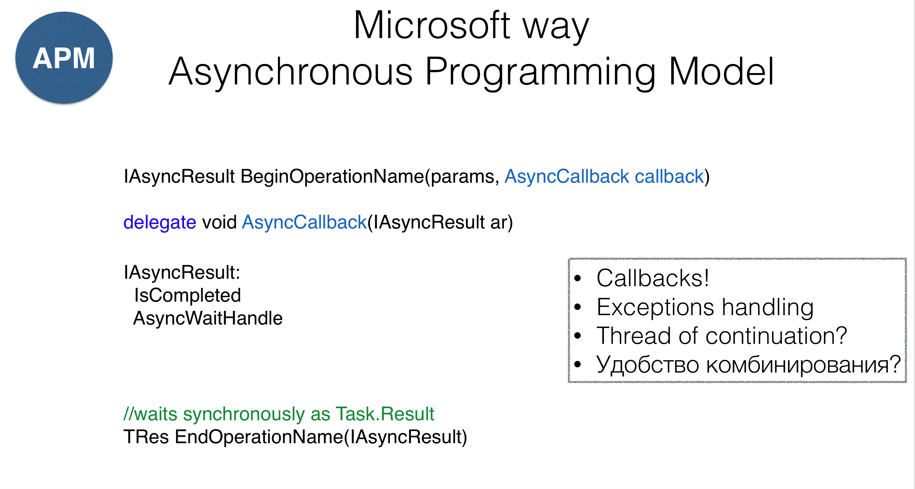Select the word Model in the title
tap(721, 71)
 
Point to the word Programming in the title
tap(540, 73)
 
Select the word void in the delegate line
tap(219, 222)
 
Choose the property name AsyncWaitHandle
tap(208, 318)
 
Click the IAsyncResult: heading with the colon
tap(182, 272)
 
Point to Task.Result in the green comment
tap(385, 414)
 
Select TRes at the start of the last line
tap(146, 437)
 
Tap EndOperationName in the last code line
tap(259, 437)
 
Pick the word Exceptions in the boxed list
tap(655, 307)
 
